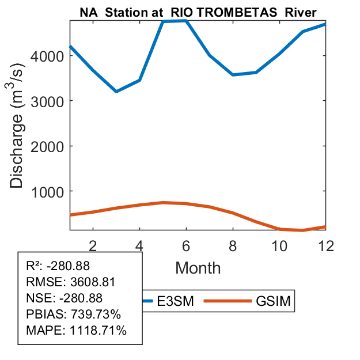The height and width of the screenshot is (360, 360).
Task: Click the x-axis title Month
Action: pos(198,267)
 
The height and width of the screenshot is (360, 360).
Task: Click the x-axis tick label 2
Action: pos(93,245)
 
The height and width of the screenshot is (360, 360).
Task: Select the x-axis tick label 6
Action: pos(187,245)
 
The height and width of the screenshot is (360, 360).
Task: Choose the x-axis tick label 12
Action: pos(326,245)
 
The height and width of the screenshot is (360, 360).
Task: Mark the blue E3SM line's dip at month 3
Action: pos(116,92)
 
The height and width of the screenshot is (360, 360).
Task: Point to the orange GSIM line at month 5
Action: pos(164,203)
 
